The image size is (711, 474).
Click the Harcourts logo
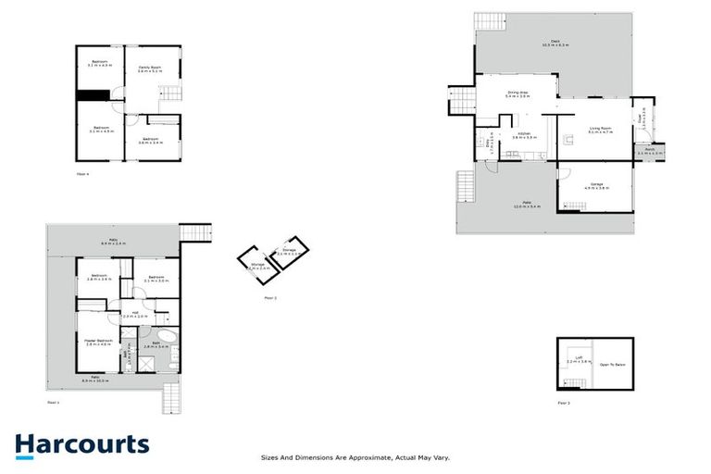coord(81,444)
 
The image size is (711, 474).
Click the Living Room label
coord(600,129)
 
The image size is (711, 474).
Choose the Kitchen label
coord(523,135)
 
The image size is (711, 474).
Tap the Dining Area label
coord(518,93)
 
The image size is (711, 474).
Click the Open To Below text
coord(612,364)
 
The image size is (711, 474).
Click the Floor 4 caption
coord(82,173)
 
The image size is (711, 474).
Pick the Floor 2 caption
coord(270,298)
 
